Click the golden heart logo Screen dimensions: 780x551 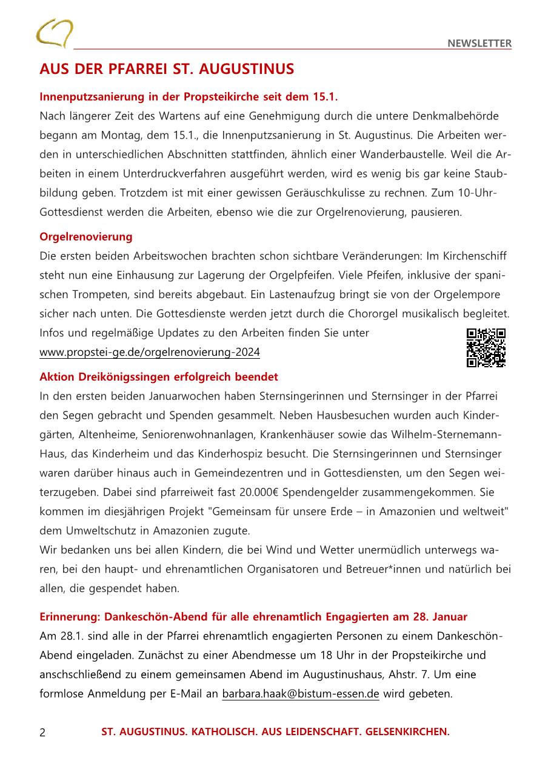pos(55,33)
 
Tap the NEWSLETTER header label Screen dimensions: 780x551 pos(479,43)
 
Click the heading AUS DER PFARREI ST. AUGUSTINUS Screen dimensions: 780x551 pos(167,69)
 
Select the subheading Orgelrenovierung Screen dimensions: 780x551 pos(86,236)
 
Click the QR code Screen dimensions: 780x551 pos(486,348)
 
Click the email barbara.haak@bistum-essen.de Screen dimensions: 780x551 pos(301,694)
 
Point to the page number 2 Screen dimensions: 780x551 pos(42,732)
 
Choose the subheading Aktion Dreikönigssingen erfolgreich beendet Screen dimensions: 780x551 pos(159,377)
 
